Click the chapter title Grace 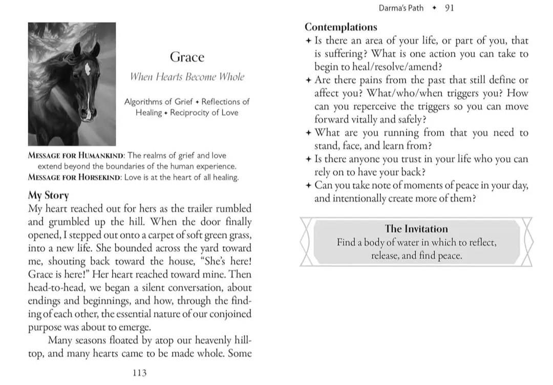click(187, 57)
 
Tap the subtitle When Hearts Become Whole click(187, 77)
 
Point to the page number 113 click(139, 373)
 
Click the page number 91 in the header click(449, 8)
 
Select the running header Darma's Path click(400, 8)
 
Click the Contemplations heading click(341, 27)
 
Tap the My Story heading click(48, 195)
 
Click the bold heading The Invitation click(416, 229)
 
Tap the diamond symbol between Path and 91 click(434, 8)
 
